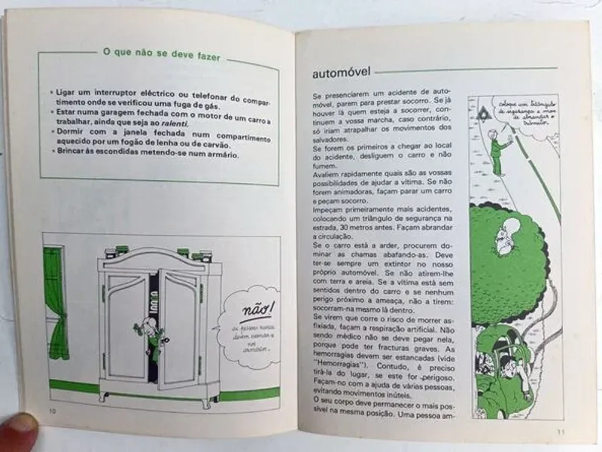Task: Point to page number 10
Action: (x=52, y=411)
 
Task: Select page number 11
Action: (x=561, y=431)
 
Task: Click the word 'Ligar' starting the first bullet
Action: (x=68, y=91)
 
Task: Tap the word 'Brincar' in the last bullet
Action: (x=73, y=154)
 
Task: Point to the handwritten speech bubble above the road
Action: (x=524, y=115)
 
